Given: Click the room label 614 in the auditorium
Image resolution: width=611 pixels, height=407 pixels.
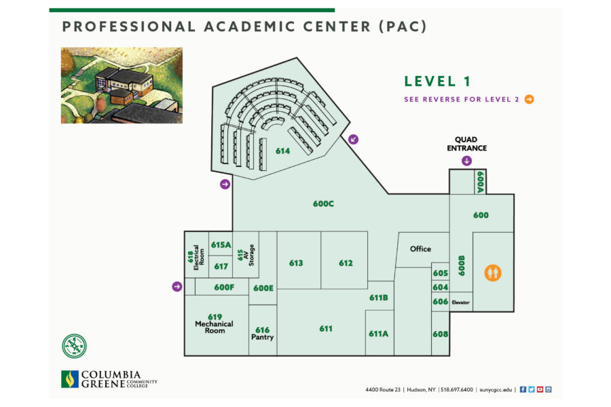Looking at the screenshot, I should (x=282, y=151).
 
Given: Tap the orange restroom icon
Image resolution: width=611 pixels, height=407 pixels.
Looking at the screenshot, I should (x=493, y=272).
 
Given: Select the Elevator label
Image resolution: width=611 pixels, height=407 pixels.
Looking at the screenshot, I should (x=461, y=302).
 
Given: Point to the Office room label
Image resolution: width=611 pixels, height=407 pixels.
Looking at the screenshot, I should (x=420, y=249).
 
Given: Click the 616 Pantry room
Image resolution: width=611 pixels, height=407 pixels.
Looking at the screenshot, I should (x=262, y=333).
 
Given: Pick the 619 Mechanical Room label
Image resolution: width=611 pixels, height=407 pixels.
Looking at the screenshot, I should (x=215, y=324).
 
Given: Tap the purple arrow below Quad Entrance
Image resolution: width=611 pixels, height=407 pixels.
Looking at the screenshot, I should (x=466, y=161).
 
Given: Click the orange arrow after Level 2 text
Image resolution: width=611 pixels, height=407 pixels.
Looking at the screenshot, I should (x=529, y=99).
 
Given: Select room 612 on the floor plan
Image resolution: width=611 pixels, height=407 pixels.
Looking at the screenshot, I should (x=346, y=263).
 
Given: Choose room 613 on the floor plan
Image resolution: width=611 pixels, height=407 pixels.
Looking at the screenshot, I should (x=296, y=263).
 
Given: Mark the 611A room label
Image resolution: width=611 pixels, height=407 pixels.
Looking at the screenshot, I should (x=378, y=333).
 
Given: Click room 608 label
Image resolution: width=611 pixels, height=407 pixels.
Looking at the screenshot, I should (x=440, y=334).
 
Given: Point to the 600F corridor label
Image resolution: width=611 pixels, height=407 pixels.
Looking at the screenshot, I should (x=224, y=288).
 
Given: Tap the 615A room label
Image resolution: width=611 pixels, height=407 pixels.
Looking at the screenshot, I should (x=221, y=245).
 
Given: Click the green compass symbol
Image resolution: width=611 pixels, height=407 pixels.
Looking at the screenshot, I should (x=74, y=346).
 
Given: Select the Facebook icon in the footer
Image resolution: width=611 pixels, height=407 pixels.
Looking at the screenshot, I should (x=523, y=389).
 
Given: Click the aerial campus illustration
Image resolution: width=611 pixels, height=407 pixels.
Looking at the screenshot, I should (x=122, y=85).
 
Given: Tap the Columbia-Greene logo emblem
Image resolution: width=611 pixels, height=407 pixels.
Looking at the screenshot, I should (x=69, y=379).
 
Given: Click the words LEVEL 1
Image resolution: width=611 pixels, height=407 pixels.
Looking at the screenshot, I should (x=437, y=81).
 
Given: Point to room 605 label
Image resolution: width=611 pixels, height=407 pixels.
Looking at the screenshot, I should (x=440, y=273).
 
